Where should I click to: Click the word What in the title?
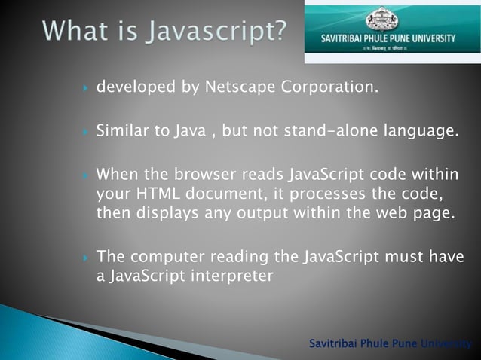coord(75,32)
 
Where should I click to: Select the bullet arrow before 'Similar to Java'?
coord(87,133)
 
